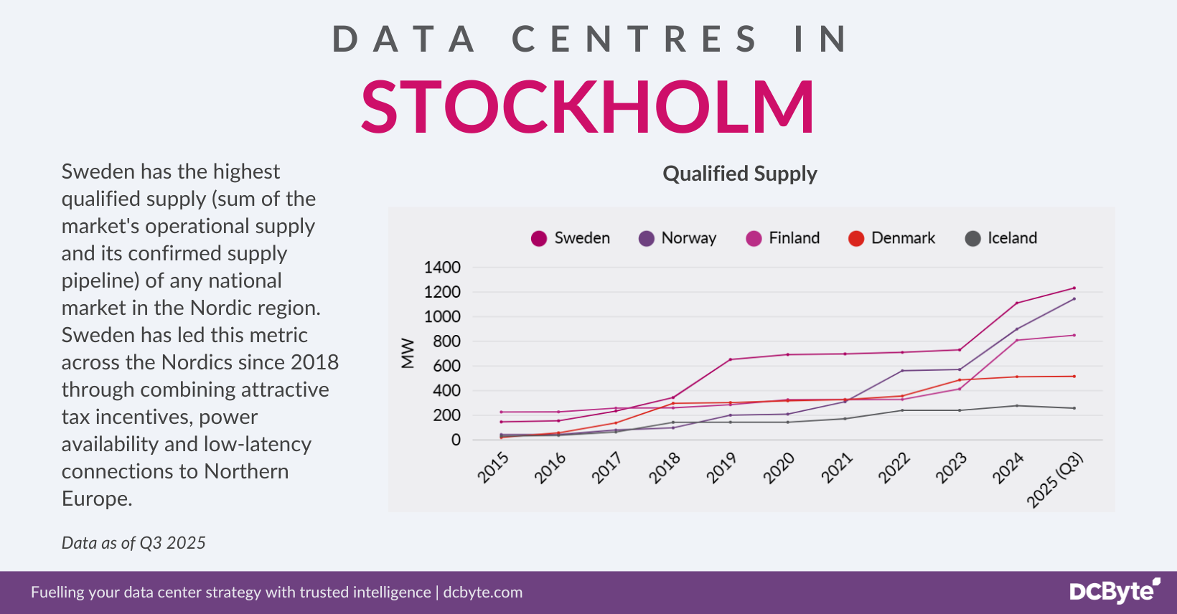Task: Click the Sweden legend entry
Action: point(571,238)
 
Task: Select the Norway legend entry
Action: point(678,238)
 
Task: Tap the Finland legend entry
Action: point(783,238)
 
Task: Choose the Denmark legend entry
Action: point(892,238)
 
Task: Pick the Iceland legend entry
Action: point(1001,238)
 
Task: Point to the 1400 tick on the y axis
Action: point(442,268)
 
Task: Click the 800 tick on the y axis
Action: point(446,341)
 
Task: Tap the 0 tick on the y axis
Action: point(456,440)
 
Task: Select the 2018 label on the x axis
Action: point(665,468)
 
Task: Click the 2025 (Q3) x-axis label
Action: point(1054,481)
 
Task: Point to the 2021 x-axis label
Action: point(837,468)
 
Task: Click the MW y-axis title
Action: point(408,353)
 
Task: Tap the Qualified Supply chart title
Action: point(740,174)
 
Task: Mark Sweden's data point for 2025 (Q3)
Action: point(1074,288)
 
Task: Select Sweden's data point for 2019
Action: point(731,359)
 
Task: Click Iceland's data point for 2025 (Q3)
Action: point(1074,408)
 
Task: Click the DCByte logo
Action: point(1115,591)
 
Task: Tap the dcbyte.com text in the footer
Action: point(483,592)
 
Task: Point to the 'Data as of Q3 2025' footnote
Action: point(133,543)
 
